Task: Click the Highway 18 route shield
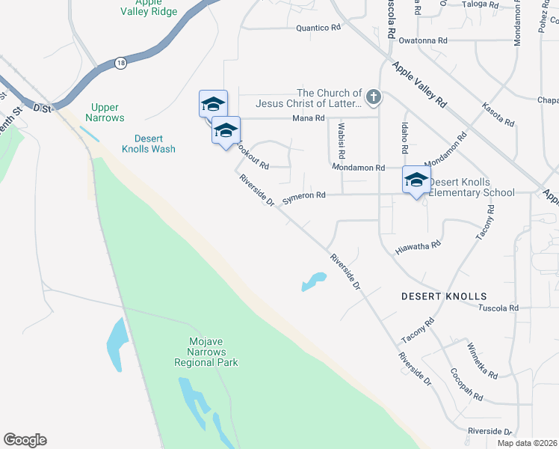click(120, 64)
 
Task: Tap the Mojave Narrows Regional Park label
click(206, 352)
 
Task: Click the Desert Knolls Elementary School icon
click(416, 180)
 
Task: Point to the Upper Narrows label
click(105, 112)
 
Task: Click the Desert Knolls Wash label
click(155, 144)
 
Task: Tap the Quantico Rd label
click(318, 28)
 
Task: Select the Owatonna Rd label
click(423, 40)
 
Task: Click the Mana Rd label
click(308, 118)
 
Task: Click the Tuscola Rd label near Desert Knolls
click(498, 308)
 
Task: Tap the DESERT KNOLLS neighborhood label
click(444, 296)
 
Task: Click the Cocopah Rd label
click(468, 384)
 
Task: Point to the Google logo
click(25, 440)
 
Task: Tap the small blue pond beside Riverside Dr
click(314, 282)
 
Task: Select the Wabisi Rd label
click(341, 141)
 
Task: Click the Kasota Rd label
click(498, 114)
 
